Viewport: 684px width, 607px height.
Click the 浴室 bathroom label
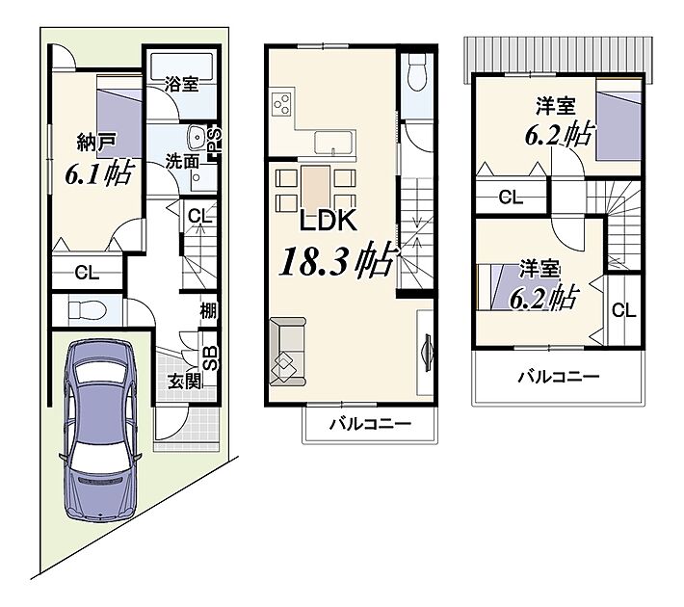(x=181, y=84)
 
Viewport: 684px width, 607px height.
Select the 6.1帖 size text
(x=98, y=172)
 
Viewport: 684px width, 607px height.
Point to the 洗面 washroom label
(x=182, y=162)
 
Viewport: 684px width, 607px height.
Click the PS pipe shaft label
(x=216, y=140)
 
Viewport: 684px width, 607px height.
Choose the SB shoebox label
(x=211, y=358)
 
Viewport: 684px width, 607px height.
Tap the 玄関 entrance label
(x=185, y=382)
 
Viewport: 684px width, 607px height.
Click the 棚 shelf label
(x=208, y=311)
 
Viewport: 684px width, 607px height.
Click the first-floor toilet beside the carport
(x=88, y=311)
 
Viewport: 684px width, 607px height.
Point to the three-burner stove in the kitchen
(x=282, y=104)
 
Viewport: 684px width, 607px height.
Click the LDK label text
(x=329, y=221)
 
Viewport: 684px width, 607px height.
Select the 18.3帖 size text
(x=338, y=259)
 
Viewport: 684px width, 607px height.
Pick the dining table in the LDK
(x=316, y=187)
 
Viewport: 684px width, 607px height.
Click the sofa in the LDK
(x=288, y=352)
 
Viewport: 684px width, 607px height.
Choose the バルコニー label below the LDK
(x=370, y=424)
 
